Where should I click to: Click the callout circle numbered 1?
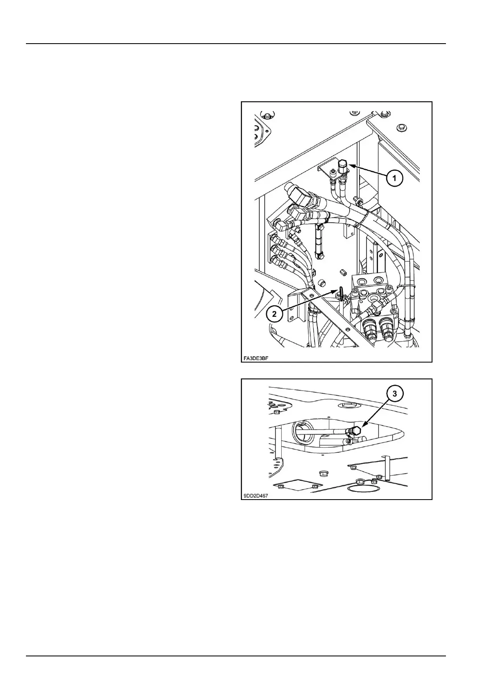pyautogui.click(x=394, y=178)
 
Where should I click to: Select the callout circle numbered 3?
pyautogui.click(x=394, y=394)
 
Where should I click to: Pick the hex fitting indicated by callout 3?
pyautogui.click(x=356, y=431)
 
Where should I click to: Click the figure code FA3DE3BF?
pyautogui.click(x=255, y=357)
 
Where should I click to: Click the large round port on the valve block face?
pyautogui.click(x=375, y=297)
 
